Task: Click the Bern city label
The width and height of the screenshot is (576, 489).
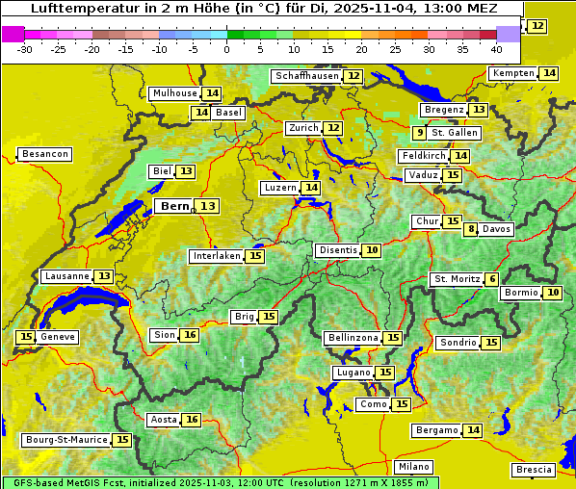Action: [175, 206]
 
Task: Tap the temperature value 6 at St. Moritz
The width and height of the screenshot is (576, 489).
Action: [492, 279]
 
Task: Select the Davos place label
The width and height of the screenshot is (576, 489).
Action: [497, 229]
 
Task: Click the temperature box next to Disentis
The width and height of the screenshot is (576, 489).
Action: [371, 250]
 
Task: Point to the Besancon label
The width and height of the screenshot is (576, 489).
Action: [45, 154]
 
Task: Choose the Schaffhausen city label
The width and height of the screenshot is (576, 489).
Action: [305, 76]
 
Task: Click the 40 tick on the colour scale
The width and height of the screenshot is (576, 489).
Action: [496, 48]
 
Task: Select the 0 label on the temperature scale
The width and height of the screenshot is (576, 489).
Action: [226, 48]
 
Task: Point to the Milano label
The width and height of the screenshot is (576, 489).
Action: [414, 466]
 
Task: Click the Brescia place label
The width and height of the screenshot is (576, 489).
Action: [535, 470]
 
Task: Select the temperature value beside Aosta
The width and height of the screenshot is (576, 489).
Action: [192, 420]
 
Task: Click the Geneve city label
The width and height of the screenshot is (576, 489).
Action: [58, 337]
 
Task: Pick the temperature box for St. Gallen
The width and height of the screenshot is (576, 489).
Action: [419, 133]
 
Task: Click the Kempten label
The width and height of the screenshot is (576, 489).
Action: [513, 73]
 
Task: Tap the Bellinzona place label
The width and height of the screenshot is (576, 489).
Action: [352, 338]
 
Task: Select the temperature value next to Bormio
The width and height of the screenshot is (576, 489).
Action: [553, 293]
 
